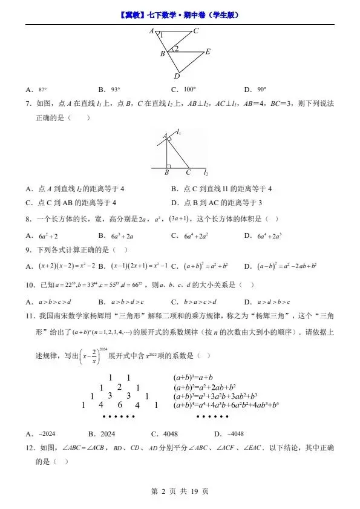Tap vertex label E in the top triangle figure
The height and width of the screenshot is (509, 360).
[208, 52]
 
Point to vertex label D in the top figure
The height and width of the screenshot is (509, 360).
[177, 76]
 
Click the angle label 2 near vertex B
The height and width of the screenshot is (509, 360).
[175, 49]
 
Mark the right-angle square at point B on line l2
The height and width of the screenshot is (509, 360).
[168, 165]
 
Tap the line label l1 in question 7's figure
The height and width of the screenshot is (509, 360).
[180, 132]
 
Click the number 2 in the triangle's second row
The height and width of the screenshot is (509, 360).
[120, 387]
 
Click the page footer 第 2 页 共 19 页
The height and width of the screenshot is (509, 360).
[179, 491]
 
